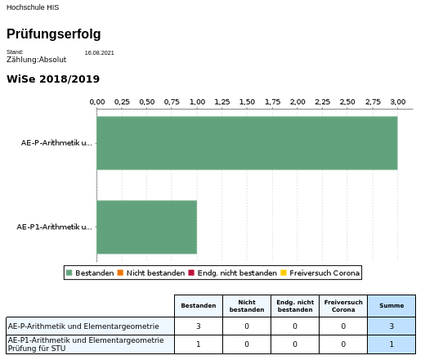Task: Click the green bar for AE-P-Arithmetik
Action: (247, 143)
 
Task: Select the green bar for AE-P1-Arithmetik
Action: (147, 227)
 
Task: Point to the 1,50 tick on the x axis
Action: (247, 102)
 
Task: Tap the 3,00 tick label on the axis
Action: (398, 102)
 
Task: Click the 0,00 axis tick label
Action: (97, 102)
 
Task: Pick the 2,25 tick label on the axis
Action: (323, 102)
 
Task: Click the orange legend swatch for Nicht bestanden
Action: (120, 272)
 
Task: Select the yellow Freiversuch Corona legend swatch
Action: (284, 272)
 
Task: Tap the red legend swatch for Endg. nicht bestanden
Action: (191, 272)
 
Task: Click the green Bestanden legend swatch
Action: (69, 272)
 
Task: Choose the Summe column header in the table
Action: (391, 306)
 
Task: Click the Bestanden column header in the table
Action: (199, 306)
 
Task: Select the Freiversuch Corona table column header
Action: (343, 306)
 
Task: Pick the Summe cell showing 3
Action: (391, 326)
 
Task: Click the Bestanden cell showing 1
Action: (199, 344)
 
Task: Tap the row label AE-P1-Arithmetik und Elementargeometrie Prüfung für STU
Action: (86, 344)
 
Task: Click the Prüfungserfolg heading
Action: (54, 34)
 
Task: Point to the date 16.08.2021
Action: (99, 53)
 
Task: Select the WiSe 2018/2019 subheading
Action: (53, 79)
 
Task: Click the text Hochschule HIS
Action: (33, 7)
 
